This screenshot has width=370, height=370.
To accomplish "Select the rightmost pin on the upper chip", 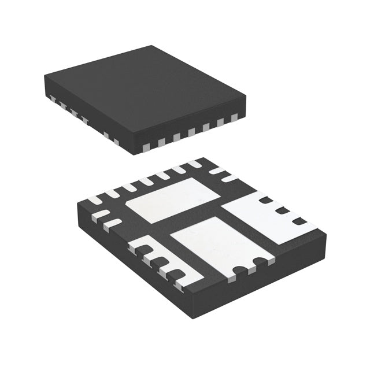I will [x=234, y=118].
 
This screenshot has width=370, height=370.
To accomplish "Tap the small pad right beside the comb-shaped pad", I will [x=113, y=223].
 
